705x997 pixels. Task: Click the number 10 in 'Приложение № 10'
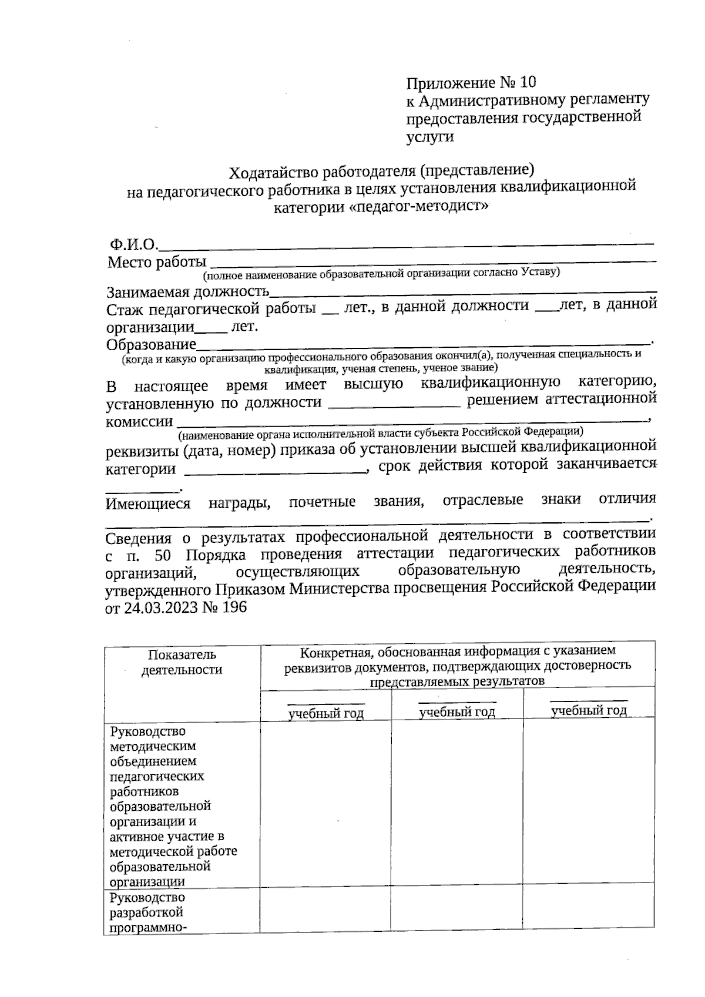[x=528, y=81]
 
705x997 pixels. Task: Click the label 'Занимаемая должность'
[x=187, y=292]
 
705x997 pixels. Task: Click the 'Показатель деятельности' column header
[x=182, y=662]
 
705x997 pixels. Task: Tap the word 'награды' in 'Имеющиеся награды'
[x=239, y=503]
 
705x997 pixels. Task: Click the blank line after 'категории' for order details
[x=276, y=470]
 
